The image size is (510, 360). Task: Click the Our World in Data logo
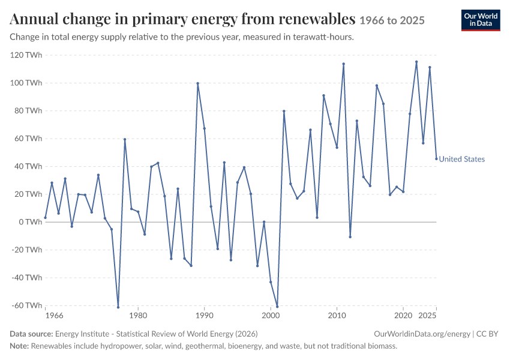pyautogui.click(x=481, y=20)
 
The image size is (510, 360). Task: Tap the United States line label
pyautogui.click(x=461, y=159)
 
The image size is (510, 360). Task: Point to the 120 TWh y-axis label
pyautogui.click(x=26, y=55)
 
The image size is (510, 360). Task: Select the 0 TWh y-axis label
pyautogui.click(x=30, y=222)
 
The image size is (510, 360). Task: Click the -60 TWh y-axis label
pyautogui.click(x=26, y=305)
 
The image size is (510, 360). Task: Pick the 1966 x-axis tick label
pyautogui.click(x=55, y=316)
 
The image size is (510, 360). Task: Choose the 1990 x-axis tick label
pyautogui.click(x=204, y=316)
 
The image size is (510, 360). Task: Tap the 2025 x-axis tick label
pyautogui.click(x=427, y=316)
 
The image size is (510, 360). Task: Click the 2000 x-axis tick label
pyautogui.click(x=271, y=316)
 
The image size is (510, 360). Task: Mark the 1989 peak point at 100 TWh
pyautogui.click(x=198, y=83)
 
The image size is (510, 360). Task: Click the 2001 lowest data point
pyautogui.click(x=277, y=307)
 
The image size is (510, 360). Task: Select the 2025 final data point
pyautogui.click(x=436, y=158)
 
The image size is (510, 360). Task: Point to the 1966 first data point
pyautogui.click(x=45, y=218)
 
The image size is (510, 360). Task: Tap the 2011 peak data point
pyautogui.click(x=343, y=64)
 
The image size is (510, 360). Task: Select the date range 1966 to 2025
pyautogui.click(x=392, y=20)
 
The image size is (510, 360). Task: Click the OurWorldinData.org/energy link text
pyautogui.click(x=422, y=334)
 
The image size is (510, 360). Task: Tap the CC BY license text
pyautogui.click(x=487, y=334)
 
